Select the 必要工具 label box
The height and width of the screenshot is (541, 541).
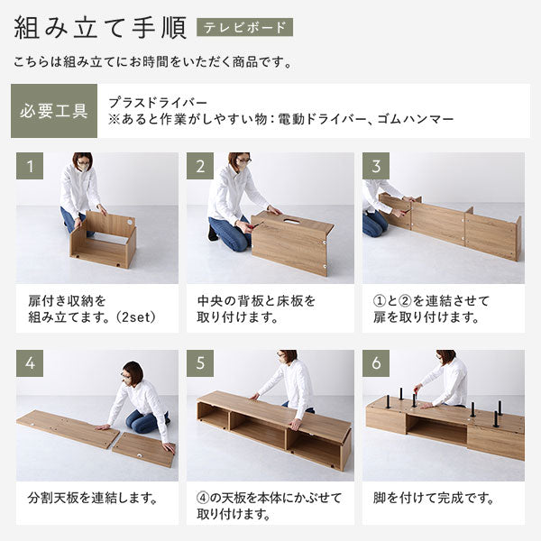pos(53,111)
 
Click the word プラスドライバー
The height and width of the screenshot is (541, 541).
pos(158,102)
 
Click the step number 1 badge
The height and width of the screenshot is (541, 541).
pos(30,166)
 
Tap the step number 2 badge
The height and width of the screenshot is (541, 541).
pos(200,166)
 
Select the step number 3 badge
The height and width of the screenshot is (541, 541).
pos(376,166)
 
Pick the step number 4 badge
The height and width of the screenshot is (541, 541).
pos(30,364)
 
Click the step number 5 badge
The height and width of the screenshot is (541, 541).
pos(200,364)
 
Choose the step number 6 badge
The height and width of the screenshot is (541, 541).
pos(376,364)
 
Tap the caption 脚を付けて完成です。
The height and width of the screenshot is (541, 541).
pos(435,497)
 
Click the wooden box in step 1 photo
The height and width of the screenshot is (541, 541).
pos(103,240)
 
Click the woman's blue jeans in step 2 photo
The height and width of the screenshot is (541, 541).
pos(231,234)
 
